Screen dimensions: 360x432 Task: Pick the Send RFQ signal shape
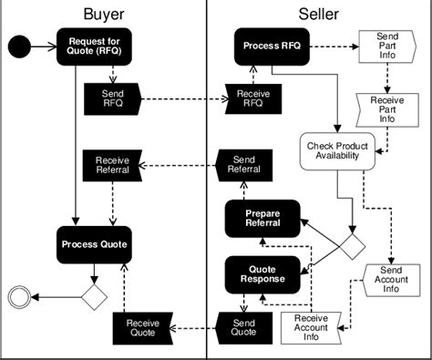[110, 98]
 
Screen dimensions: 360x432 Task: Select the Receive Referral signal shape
[112, 164]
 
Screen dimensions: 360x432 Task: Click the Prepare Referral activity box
[263, 219]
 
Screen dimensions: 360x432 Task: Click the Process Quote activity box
[95, 244]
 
